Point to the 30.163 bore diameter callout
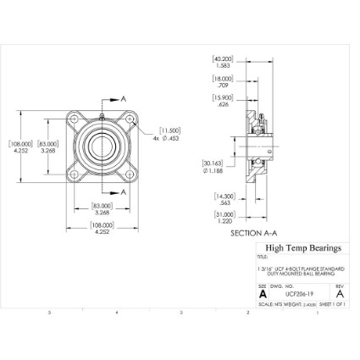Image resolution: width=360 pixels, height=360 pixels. (213, 167)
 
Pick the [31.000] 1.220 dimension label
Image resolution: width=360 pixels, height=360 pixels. (224, 218)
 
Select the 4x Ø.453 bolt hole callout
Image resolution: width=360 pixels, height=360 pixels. (167, 135)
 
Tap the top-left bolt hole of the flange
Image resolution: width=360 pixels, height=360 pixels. (79, 116)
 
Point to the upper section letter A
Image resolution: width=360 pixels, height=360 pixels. (125, 98)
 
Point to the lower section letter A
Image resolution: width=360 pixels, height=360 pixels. (125, 192)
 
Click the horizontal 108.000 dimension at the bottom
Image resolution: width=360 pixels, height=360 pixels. (102, 228)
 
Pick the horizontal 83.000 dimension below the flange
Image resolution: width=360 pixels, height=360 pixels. (102, 210)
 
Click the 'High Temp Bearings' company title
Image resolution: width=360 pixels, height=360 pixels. (303, 248)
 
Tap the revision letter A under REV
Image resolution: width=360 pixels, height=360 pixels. (340, 294)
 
